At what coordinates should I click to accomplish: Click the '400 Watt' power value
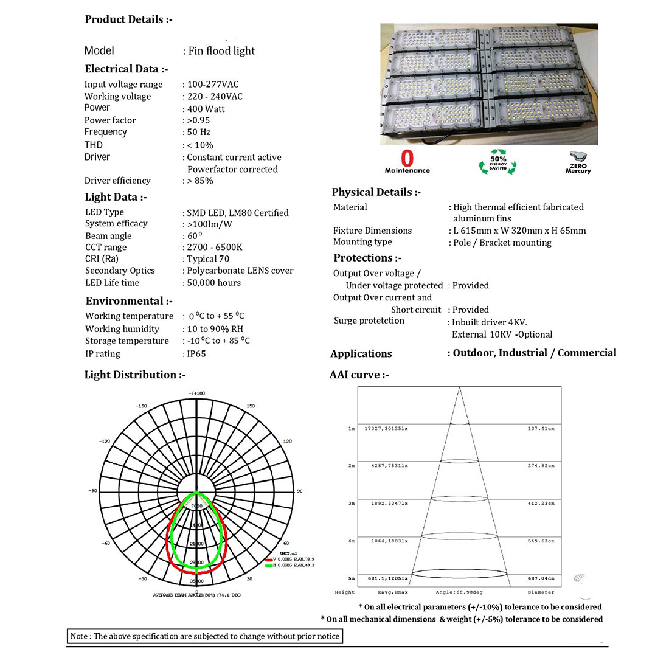tap(206, 109)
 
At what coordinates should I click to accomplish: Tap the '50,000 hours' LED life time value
tap(214, 283)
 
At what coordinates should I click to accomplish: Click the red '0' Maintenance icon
tap(407, 161)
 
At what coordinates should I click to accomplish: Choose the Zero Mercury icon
tap(578, 163)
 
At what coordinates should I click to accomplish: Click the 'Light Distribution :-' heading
tap(135, 375)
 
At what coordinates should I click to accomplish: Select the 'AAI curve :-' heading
tap(359, 375)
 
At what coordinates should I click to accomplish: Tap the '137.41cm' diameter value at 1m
tap(541, 429)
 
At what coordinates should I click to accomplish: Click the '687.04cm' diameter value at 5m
tap(541, 578)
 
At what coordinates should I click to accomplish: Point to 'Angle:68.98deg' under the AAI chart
tap(459, 592)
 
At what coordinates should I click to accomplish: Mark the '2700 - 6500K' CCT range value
tap(215, 247)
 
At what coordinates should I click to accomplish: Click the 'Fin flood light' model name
tap(221, 51)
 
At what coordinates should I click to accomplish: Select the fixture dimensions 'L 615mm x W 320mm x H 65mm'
tap(519, 231)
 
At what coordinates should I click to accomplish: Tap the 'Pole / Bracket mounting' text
tap(502, 243)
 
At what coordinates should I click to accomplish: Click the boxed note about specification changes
tap(204, 636)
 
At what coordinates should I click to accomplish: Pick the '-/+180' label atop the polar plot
tap(196, 393)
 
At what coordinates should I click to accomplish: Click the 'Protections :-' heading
tap(367, 258)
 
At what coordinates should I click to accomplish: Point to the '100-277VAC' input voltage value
tap(213, 85)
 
